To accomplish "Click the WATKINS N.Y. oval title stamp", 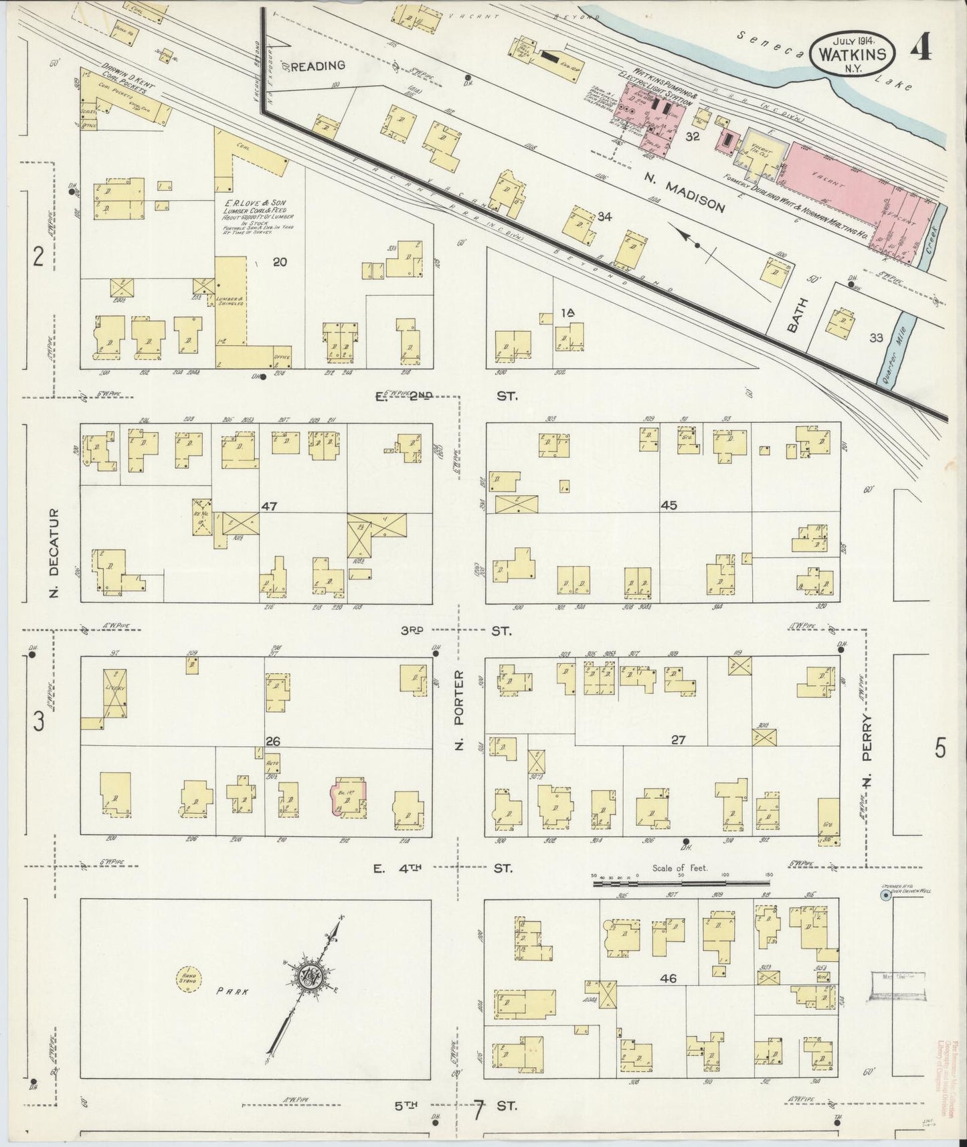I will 853,52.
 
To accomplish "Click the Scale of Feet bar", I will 681,884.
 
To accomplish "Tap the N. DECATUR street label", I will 56,553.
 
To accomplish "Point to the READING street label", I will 318,65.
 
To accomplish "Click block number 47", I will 269,507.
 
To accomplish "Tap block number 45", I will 669,505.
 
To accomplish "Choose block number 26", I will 272,741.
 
